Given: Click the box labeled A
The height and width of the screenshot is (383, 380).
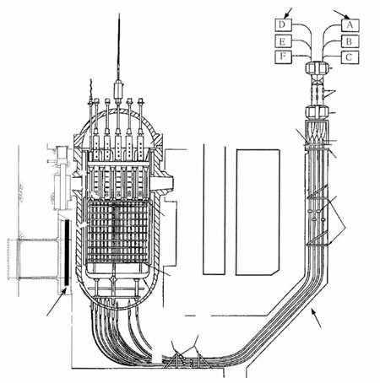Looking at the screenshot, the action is coord(350,25).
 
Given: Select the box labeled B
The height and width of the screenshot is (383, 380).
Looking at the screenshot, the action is coord(350,41).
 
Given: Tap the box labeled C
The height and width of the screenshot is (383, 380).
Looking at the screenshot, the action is coord(350,57).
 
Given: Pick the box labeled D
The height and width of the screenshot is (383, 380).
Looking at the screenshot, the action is coord(283,25).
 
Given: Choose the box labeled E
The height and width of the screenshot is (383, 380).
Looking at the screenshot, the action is coord(283,41).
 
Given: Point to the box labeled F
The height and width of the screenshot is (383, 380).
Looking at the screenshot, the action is coord(283,57).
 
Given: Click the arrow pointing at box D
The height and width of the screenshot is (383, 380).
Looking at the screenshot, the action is coord(288,13).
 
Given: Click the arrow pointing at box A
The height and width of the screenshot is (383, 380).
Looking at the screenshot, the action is coord(341,14).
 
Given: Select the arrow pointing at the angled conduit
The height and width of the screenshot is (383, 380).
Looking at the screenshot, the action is coord(316,318).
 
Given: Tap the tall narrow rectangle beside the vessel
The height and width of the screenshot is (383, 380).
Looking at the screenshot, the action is coord(214,209).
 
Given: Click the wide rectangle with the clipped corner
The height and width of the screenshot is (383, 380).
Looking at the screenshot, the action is coord(258,213).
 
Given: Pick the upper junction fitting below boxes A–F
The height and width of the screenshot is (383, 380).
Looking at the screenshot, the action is coord(318,68).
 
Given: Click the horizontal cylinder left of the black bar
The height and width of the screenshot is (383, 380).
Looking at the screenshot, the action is coord(33,259).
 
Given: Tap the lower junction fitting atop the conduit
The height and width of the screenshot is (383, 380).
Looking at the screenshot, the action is coord(317,112).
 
